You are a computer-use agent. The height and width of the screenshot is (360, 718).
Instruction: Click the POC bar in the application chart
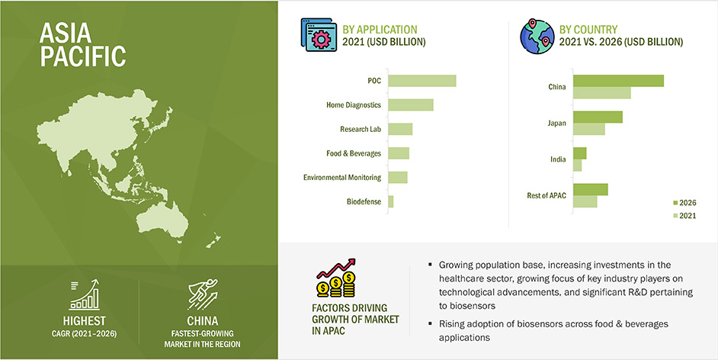click(x=422, y=81)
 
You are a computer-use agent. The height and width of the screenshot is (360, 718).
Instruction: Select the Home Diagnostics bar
click(x=411, y=105)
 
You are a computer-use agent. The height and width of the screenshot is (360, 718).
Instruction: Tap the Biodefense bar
click(x=390, y=201)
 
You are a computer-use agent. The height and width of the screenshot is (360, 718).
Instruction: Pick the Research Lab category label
click(x=361, y=129)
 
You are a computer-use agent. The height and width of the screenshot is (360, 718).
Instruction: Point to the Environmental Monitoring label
click(x=342, y=177)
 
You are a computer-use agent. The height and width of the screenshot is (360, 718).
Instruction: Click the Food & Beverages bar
click(x=399, y=153)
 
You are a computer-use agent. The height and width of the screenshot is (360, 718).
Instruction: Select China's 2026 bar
click(x=619, y=81)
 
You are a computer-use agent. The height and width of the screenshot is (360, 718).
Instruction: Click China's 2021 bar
click(x=602, y=92)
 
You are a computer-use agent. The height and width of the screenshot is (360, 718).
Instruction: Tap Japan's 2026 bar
click(x=598, y=117)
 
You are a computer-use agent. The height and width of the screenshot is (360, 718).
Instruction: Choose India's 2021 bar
click(x=578, y=166)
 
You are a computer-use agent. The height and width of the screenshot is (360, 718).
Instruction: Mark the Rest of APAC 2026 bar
click(x=591, y=190)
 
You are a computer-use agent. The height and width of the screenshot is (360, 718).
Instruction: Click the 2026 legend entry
click(x=684, y=203)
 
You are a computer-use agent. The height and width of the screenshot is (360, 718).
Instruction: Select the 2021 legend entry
click(x=684, y=216)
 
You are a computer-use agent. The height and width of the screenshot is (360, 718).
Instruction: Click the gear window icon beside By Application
click(x=319, y=35)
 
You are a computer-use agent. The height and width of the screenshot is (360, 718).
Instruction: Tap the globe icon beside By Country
click(x=537, y=36)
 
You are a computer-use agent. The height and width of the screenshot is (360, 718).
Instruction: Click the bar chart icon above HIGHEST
click(x=85, y=295)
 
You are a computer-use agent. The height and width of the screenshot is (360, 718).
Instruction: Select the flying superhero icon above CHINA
click(x=203, y=295)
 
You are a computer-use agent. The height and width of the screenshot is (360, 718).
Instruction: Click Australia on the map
click(x=162, y=220)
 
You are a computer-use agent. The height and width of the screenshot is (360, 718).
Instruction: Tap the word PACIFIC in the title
click(x=83, y=56)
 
